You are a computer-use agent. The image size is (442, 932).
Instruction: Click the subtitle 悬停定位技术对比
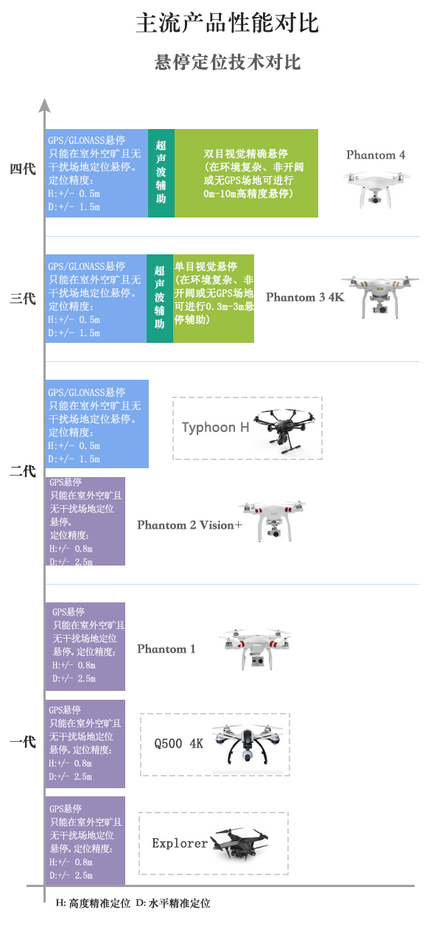[x=228, y=62]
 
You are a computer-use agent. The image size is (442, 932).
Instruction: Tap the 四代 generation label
[x=23, y=169]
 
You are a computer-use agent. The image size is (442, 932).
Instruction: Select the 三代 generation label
[x=23, y=299]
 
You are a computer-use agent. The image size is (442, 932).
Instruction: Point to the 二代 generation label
[x=23, y=470]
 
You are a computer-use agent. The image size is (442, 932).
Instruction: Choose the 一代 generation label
[x=23, y=742]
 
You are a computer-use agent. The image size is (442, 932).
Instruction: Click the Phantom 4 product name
[x=376, y=155]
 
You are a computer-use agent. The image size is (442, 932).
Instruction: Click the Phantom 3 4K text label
[x=305, y=297]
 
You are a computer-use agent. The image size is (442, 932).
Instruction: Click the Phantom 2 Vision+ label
[x=189, y=525]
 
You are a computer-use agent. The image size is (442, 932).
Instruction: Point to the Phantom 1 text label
[x=166, y=649]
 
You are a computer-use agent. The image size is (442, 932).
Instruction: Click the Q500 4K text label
[x=178, y=743]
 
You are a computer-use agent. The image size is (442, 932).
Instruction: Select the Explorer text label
[x=180, y=843]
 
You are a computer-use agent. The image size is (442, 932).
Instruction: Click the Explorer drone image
[x=239, y=842]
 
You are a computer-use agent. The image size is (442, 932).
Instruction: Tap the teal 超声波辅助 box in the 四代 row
[x=161, y=173]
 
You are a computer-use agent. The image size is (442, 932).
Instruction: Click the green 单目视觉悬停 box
[x=214, y=299]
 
